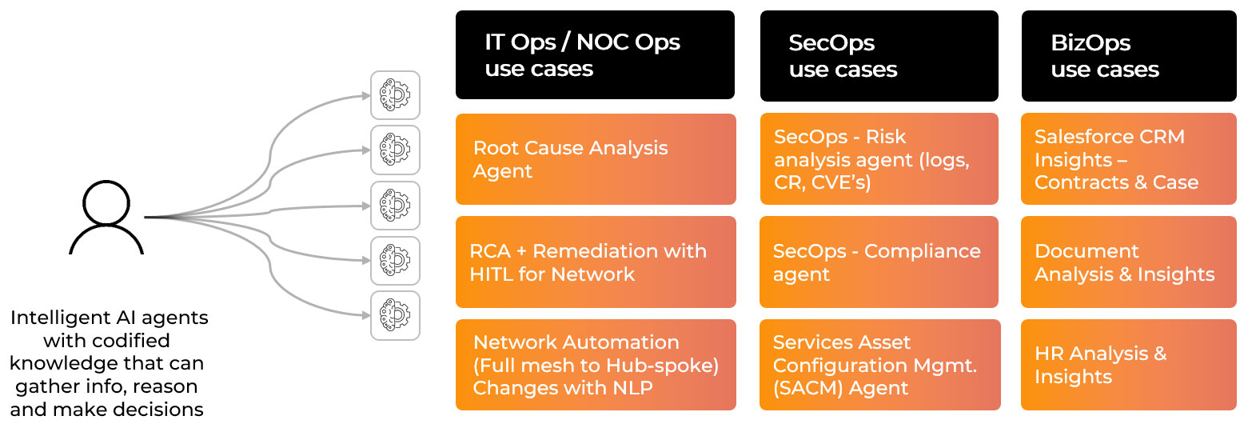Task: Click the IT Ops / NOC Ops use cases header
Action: (595, 56)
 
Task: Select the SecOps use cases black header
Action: (879, 56)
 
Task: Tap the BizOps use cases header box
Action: (1128, 56)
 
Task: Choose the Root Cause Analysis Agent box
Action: (595, 159)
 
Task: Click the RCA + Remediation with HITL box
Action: (595, 262)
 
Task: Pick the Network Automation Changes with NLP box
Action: (595, 365)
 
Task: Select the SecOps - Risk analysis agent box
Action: (879, 159)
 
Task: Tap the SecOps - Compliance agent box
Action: (879, 262)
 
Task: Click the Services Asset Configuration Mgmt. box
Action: (879, 365)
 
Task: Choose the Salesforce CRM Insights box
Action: (1128, 159)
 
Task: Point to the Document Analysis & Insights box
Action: (1128, 262)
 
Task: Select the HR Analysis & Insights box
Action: (1128, 365)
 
